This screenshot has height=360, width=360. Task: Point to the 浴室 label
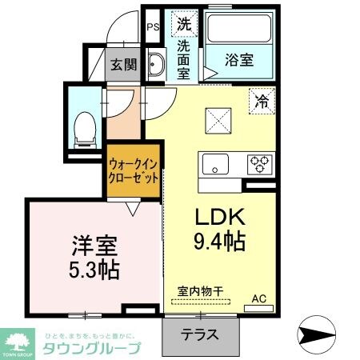(x=240, y=60)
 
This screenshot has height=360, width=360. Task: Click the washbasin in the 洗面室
(x=158, y=65)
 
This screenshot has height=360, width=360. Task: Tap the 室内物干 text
(x=197, y=293)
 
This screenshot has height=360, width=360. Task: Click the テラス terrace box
(x=202, y=335)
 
